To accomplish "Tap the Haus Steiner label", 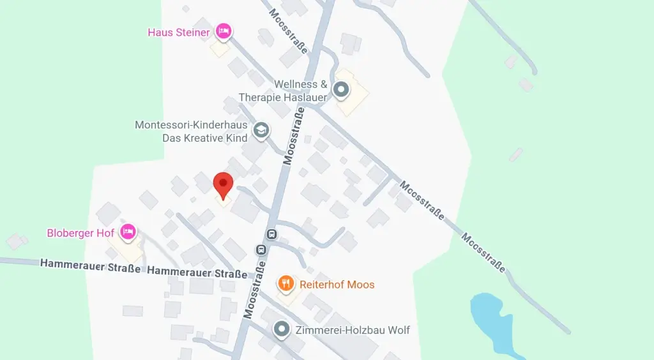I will pos(179,32).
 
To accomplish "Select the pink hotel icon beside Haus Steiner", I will pos(223,30).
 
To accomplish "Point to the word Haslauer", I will pos(305,97).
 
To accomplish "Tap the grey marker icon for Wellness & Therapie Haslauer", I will pos(342,89).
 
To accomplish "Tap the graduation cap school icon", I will pos(261,130).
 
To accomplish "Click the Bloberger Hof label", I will pos(80,233).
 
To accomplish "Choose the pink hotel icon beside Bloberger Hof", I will pos(128,232).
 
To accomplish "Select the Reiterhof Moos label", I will pos(337,284).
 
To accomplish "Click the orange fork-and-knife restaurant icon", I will pos(286,283).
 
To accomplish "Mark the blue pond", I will pos(492,322).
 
